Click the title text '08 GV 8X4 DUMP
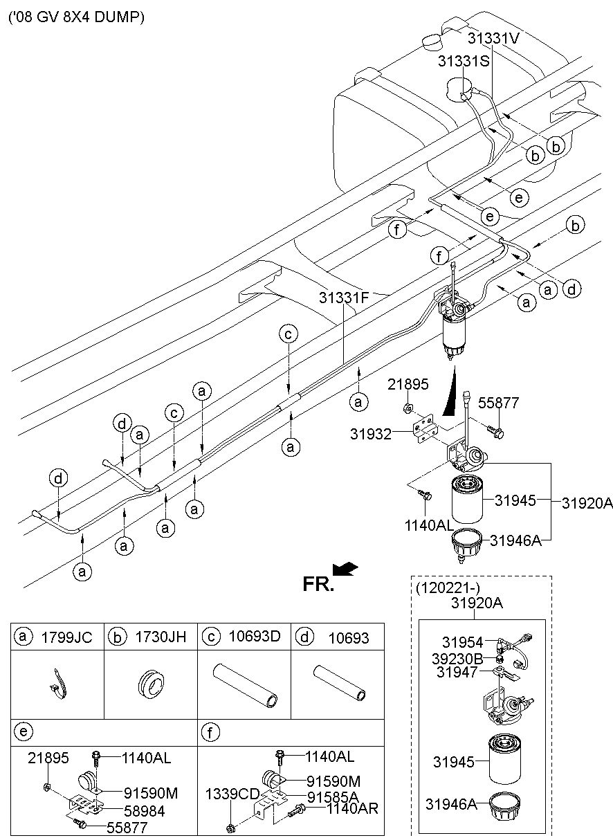click(76, 17)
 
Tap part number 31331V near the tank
click(493, 38)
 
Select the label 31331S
click(464, 61)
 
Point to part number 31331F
click(344, 298)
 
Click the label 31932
click(371, 434)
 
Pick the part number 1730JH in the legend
click(161, 637)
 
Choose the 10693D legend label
click(255, 636)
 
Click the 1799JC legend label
click(66, 637)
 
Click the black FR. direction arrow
click(345, 569)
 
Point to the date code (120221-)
click(448, 588)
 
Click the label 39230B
click(457, 659)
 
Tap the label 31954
click(462, 642)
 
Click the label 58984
click(145, 811)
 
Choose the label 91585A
click(333, 796)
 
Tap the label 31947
click(457, 673)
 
